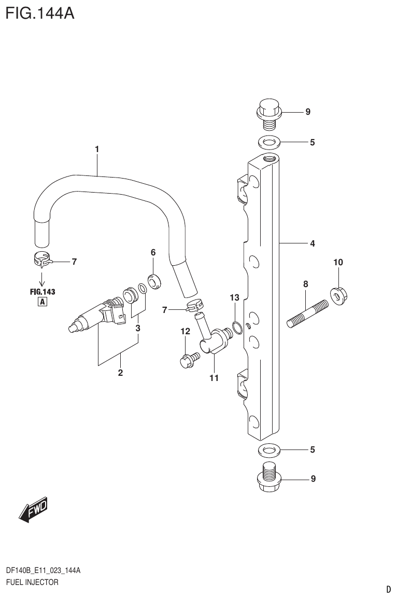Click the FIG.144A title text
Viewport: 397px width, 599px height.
(x=40, y=12)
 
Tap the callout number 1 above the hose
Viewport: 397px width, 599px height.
(x=97, y=149)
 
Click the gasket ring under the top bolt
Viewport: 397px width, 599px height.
(x=267, y=141)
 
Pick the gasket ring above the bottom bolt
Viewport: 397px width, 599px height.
(x=267, y=449)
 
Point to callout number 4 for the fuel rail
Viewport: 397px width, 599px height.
(x=312, y=243)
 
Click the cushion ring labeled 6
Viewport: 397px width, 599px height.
(x=154, y=281)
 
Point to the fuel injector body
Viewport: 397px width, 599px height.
(x=96, y=318)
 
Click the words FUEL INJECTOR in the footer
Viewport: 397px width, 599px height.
(x=32, y=582)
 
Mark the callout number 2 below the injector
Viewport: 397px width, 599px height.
(x=120, y=373)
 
